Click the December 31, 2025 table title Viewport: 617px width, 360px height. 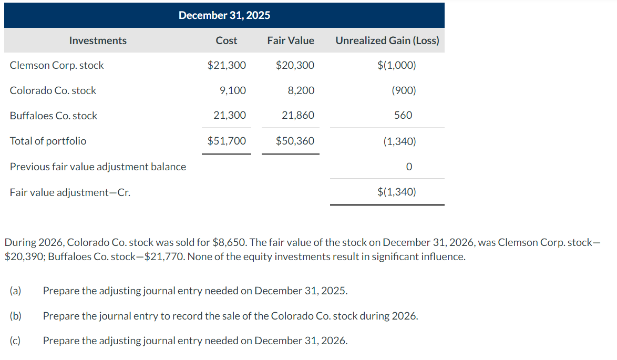click(x=224, y=15)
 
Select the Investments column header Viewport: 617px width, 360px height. click(x=98, y=40)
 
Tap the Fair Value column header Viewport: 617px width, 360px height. click(x=290, y=40)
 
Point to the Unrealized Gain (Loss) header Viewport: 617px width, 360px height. click(x=387, y=40)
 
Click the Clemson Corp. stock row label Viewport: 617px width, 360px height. click(x=57, y=65)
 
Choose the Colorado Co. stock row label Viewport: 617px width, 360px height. click(x=53, y=90)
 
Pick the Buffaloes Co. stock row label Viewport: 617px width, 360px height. click(x=54, y=116)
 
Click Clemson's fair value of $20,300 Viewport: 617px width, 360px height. click(x=295, y=65)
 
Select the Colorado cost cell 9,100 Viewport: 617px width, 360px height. click(x=232, y=90)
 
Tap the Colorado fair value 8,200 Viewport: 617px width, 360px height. click(x=301, y=90)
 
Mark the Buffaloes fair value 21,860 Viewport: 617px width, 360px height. click(x=298, y=116)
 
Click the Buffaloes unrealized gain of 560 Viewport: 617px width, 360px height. click(x=403, y=115)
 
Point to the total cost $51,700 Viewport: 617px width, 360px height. click(x=227, y=141)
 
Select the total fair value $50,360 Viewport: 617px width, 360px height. click(x=295, y=141)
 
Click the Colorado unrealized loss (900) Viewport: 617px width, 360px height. click(x=404, y=90)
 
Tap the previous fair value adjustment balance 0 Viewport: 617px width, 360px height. click(x=409, y=167)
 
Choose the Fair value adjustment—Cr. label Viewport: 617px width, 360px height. click(x=70, y=192)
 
